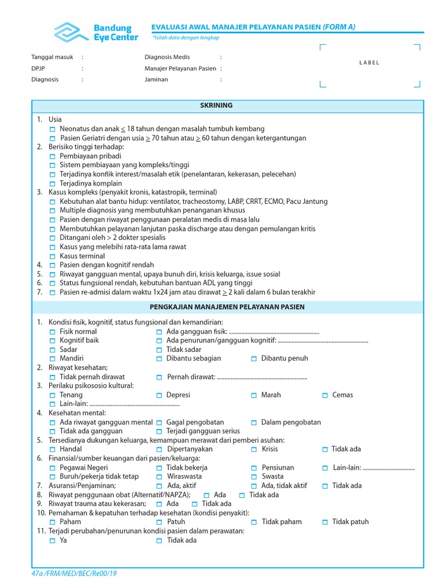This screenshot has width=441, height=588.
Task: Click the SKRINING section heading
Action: (216, 106)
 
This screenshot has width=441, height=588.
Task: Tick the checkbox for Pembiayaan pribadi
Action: (53, 156)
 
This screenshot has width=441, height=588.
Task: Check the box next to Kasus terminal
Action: (53, 256)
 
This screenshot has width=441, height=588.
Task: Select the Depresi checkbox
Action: (159, 395)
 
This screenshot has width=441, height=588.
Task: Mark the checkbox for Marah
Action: (254, 395)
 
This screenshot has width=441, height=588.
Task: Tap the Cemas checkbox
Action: (325, 395)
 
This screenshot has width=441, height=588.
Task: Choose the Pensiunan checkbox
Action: (254, 468)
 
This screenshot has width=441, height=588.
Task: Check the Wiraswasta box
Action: (159, 477)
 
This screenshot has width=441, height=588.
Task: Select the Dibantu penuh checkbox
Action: (254, 358)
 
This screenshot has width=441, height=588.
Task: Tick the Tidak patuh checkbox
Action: (325, 522)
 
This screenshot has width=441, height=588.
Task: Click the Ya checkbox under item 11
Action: (53, 540)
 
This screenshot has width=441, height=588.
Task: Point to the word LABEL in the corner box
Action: (369, 63)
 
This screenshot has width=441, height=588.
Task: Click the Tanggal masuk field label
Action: (51, 57)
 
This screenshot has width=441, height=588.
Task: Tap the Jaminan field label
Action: (156, 80)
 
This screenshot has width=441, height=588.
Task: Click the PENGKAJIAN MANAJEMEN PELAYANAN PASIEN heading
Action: (227, 307)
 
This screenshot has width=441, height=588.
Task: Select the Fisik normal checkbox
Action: (53, 332)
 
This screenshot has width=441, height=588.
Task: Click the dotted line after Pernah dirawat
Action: (262, 377)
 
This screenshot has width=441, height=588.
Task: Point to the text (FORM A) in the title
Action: (339, 26)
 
